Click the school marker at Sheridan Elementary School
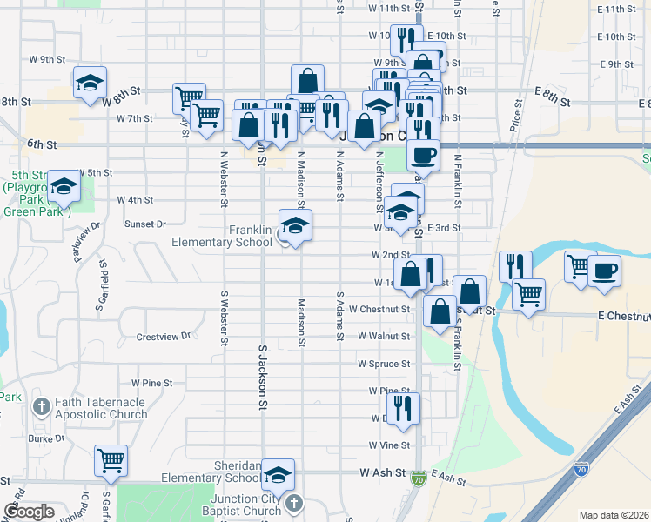click(x=279, y=474)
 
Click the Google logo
click(x=29, y=512)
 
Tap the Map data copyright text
click(x=614, y=515)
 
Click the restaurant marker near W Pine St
click(x=403, y=408)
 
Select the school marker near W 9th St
click(x=90, y=82)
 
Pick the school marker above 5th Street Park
click(x=63, y=185)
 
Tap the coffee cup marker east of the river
click(x=604, y=270)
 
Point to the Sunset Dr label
click(x=145, y=224)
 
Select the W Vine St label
click(x=387, y=445)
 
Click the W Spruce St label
click(x=383, y=364)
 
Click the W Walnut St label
click(x=383, y=336)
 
